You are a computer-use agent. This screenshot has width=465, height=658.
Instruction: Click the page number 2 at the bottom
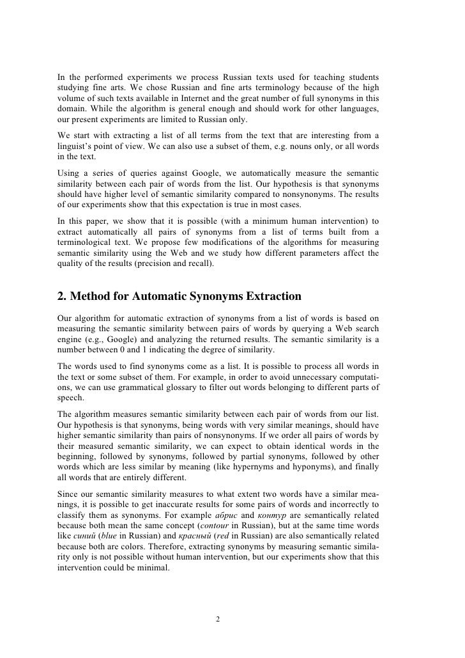pyautogui.click(x=218, y=619)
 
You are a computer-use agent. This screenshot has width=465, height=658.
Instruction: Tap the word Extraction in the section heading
pyautogui.click(x=263, y=296)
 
